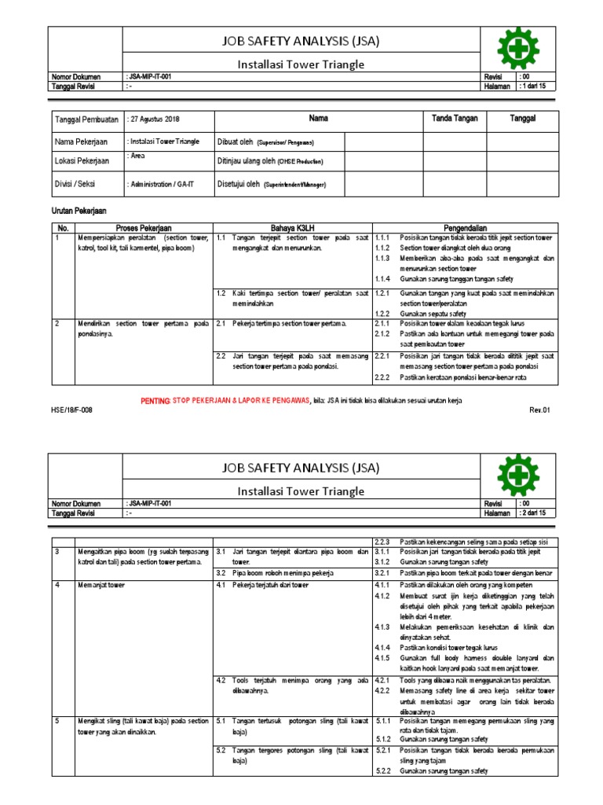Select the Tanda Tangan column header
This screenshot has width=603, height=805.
[x=449, y=119]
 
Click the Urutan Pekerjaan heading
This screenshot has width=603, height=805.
[x=79, y=211]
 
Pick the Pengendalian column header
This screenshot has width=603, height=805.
[x=465, y=227]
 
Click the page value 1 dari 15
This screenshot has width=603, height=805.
[x=537, y=86]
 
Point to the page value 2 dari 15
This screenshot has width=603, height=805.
[x=537, y=513]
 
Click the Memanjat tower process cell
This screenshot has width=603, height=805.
[x=100, y=585]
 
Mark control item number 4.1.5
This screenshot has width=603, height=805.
[x=383, y=656]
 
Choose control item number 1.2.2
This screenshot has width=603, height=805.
[x=382, y=313]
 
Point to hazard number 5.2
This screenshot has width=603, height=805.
[x=221, y=750]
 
